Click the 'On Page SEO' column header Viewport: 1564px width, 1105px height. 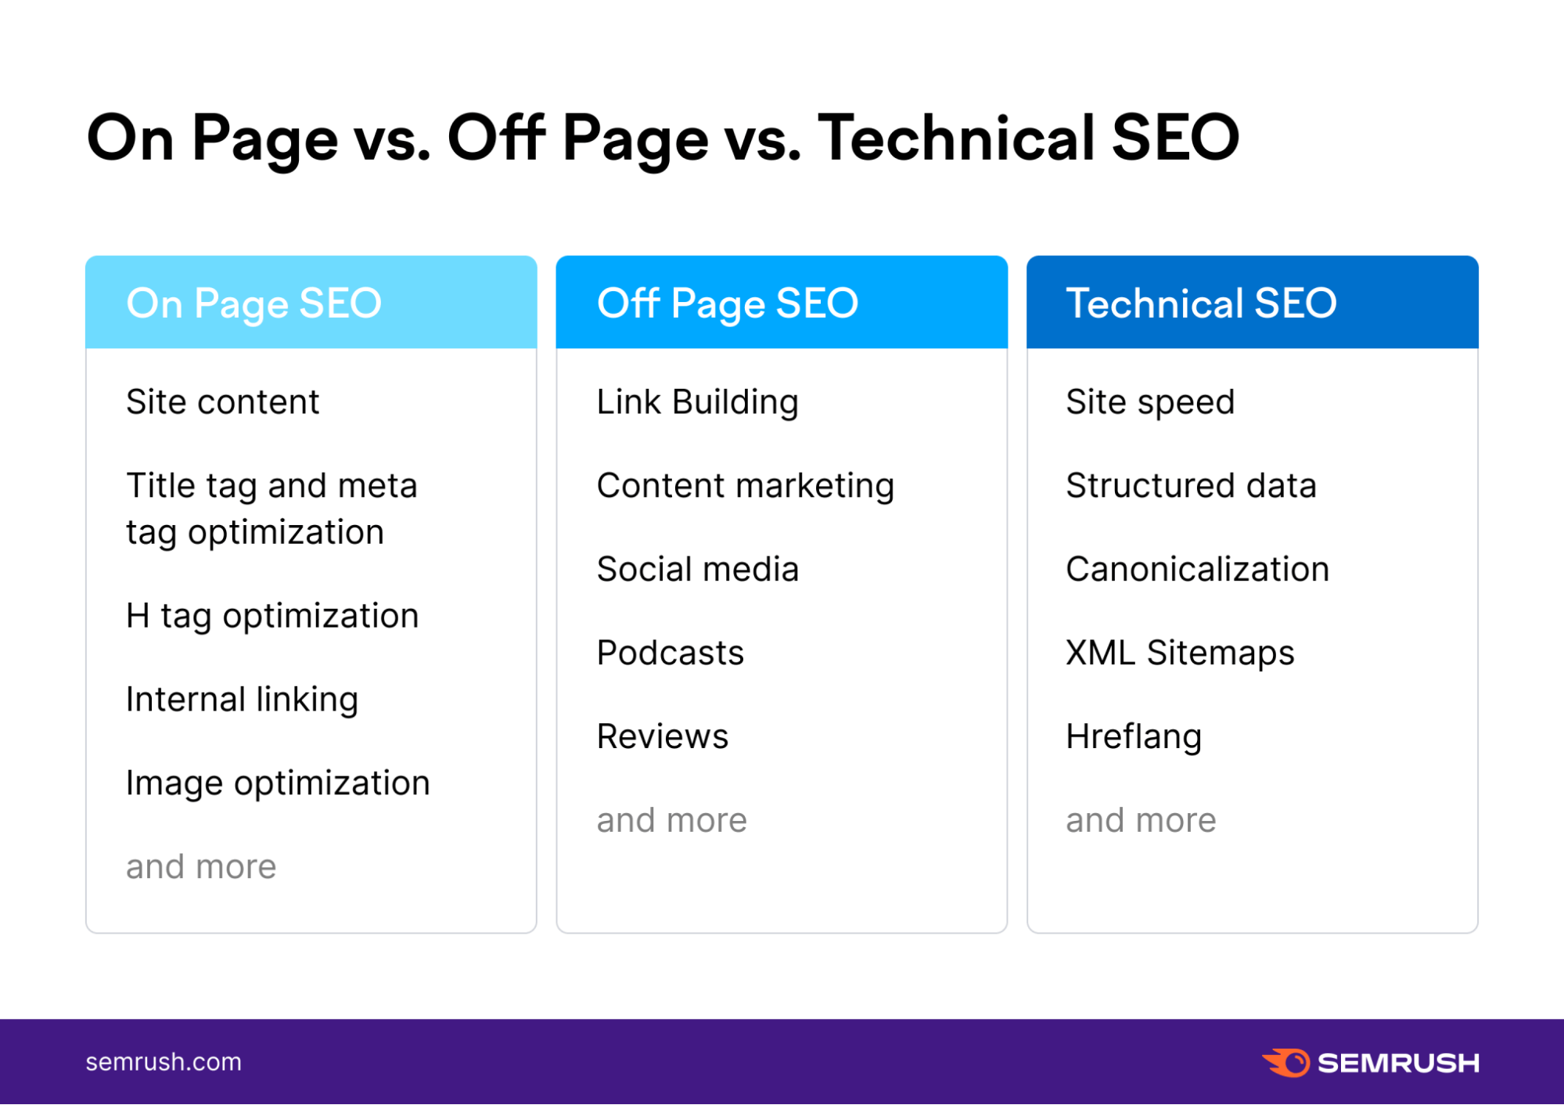253,304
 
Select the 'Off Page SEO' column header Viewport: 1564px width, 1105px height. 727,304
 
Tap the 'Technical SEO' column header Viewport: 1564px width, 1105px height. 1201,304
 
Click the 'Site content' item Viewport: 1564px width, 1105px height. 222,402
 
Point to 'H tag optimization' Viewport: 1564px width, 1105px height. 272,616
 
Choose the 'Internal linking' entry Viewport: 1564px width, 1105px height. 242,700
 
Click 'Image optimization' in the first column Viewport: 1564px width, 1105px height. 278,783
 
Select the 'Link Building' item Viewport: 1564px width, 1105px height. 697,402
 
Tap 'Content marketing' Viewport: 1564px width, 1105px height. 745,486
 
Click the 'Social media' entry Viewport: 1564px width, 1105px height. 697,570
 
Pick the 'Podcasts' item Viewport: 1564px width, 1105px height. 670,653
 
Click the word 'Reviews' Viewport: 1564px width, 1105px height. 662,737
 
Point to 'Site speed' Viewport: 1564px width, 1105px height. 1150,402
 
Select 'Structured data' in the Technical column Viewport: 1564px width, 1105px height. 1191,486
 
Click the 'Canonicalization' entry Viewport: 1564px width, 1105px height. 1197,570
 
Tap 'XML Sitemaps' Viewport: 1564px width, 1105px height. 1180,653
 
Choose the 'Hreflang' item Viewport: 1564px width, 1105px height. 1133,737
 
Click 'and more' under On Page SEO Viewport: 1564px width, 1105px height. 201,867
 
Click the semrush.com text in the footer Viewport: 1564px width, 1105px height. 164,1062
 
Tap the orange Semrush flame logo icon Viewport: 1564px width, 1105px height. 1286,1062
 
